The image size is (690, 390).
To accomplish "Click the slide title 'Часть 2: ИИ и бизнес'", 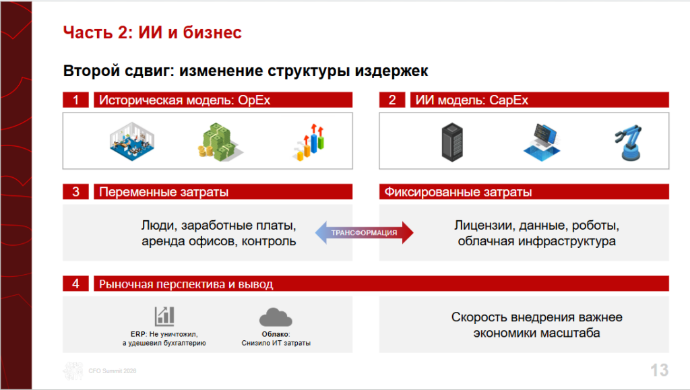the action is [x=152, y=32].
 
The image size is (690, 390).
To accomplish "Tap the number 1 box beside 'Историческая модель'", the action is [x=75, y=100].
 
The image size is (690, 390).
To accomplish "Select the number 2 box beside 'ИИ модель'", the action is [x=392, y=100].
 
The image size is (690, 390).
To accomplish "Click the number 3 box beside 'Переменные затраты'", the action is [x=75, y=192].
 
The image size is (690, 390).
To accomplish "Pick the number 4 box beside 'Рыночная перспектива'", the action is [x=75, y=284].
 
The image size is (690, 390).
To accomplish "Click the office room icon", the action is [x=132, y=141].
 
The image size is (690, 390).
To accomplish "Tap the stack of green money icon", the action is [x=220, y=142].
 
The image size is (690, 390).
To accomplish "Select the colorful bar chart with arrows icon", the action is [x=309, y=142].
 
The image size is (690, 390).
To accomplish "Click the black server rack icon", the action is [x=452, y=142].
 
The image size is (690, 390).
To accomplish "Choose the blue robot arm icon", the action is [x=629, y=142].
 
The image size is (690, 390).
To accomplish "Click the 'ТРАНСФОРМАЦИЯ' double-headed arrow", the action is [x=365, y=232].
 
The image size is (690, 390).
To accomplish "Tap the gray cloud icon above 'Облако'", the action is [x=276, y=317].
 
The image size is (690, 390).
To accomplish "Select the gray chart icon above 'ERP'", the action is [x=164, y=316].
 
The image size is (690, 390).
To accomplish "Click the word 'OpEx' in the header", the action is [x=254, y=100].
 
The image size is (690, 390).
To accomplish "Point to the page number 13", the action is [x=659, y=370].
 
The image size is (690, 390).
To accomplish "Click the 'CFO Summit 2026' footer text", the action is [x=113, y=371].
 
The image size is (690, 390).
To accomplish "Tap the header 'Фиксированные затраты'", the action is [x=458, y=192].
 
